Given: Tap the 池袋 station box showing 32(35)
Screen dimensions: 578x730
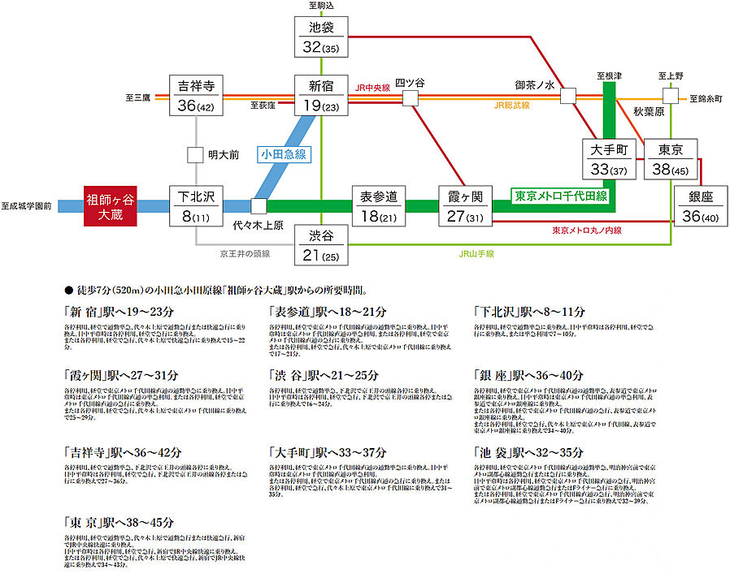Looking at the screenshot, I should coord(321,37).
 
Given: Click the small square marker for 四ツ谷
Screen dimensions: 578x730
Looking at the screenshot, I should coord(411,97).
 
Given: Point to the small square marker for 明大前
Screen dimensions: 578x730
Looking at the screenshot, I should coord(195,154).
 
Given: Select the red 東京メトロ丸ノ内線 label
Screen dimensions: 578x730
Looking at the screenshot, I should coord(586,231).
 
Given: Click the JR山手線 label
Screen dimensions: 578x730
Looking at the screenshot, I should coord(476,254).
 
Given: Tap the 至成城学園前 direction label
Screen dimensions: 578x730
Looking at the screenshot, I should coord(26,207).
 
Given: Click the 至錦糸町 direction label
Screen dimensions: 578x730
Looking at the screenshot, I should coord(705,97).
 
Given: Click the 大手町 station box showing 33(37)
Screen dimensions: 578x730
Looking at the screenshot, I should coord(607,158).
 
